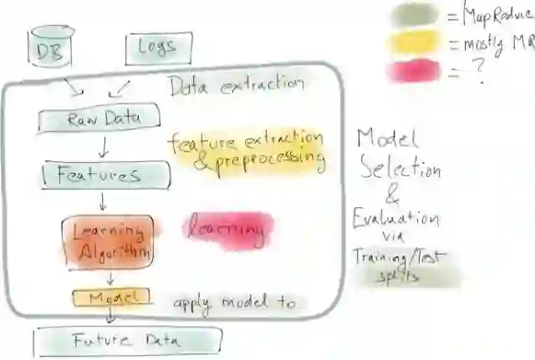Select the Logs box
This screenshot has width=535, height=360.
pos(159,48)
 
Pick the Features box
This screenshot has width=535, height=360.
pos(99,175)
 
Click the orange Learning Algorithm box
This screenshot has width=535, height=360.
pos(108,241)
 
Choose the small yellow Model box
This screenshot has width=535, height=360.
pos(111,297)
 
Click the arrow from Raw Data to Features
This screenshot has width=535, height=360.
pos(102,148)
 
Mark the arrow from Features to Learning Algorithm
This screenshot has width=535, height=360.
pos(102,201)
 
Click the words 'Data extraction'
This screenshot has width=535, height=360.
pos(236,84)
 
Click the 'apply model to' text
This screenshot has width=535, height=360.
pos(235,303)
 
